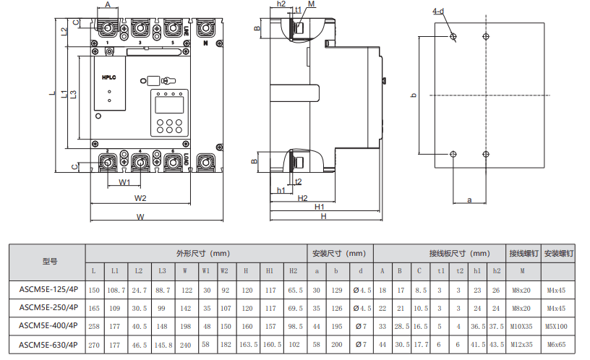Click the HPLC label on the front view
(108, 77)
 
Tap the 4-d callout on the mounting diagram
(438, 12)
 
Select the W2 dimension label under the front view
(140, 198)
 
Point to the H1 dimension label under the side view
(320, 207)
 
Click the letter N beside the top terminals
(205, 43)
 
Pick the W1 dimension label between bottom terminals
(124, 182)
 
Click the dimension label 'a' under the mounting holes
(469, 200)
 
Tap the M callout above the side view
(311, 4)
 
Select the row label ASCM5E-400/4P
(48, 326)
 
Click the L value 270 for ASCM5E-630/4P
(94, 345)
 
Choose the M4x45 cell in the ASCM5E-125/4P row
(556, 291)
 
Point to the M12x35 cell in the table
(521, 345)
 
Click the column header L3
(162, 271)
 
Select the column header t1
(441, 271)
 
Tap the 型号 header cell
(50, 262)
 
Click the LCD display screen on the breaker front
(169, 105)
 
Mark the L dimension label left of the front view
(52, 93)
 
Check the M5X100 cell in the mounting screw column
(556, 327)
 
